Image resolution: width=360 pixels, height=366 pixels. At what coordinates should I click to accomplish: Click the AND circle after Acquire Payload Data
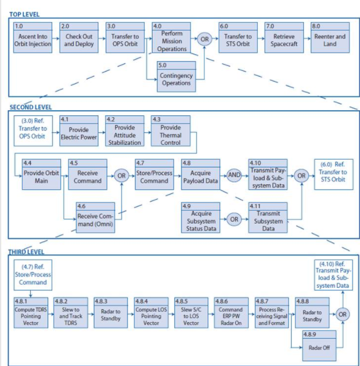tap(234, 175)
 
